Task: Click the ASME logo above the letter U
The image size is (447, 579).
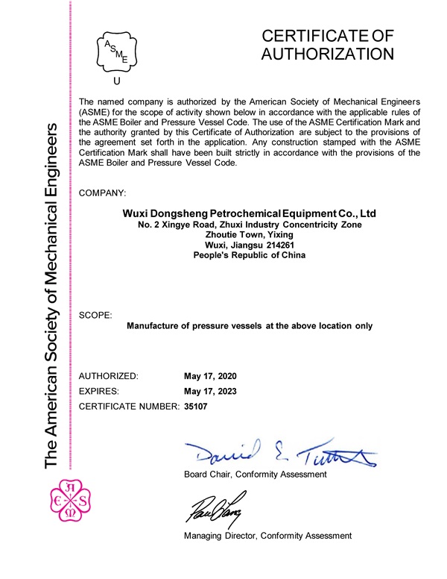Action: [115, 50]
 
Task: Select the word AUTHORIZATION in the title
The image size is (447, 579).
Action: [327, 54]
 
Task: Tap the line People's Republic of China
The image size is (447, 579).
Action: [250, 255]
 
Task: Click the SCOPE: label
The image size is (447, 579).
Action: [95, 316]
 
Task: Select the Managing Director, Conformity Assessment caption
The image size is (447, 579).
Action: [267, 536]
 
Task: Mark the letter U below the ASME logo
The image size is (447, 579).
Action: [115, 81]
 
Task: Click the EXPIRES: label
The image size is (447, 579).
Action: [104, 390]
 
